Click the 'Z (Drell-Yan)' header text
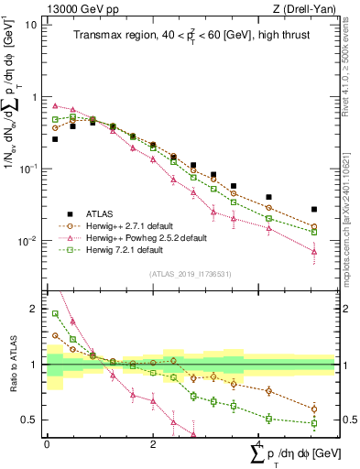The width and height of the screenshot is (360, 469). click(309, 8)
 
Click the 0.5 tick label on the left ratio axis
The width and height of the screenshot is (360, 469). click(30, 420)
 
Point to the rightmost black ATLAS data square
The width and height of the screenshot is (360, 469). click(314, 210)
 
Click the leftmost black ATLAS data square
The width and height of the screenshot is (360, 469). click(55, 139)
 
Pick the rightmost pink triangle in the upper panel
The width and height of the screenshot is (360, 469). click(314, 251)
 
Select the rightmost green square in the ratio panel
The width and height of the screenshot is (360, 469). click(314, 424)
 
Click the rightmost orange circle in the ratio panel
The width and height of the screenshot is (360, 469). click(314, 409)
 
